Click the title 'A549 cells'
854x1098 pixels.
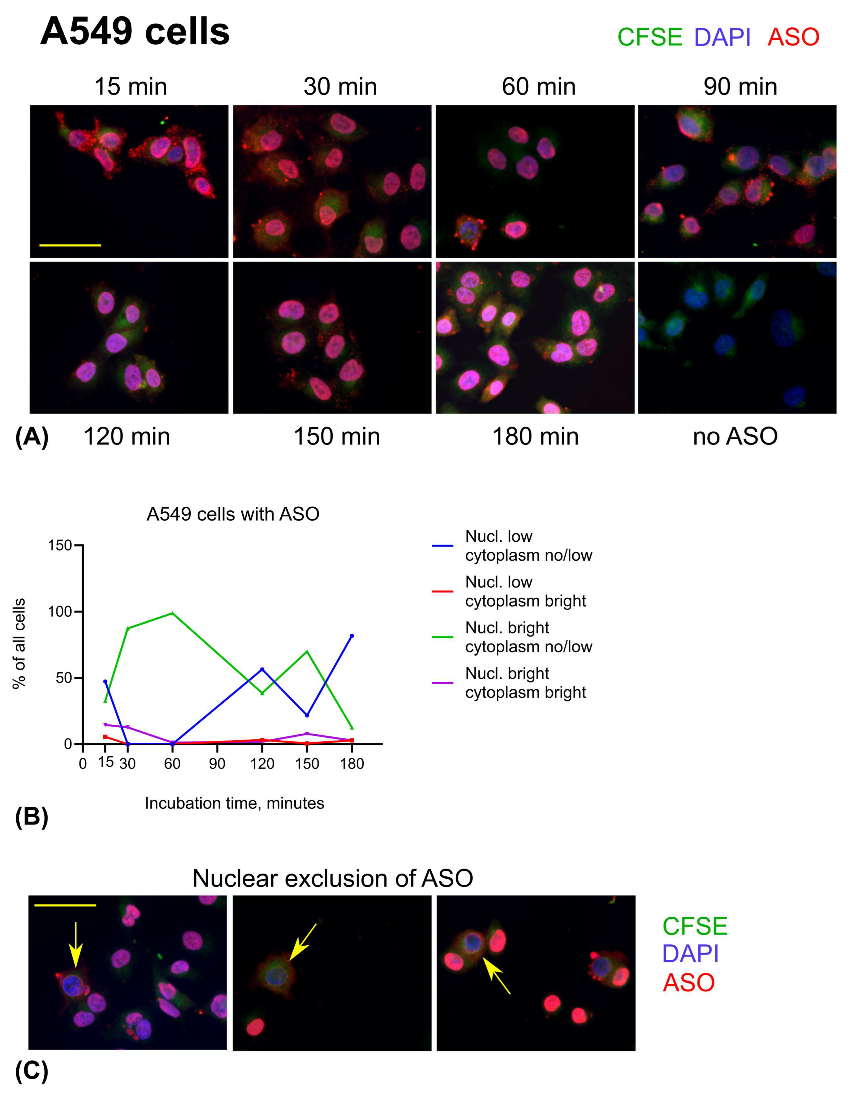[x=135, y=31]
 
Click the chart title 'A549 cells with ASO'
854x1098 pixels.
[x=233, y=514]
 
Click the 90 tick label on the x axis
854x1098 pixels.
[x=217, y=764]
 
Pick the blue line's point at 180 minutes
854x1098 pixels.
[x=352, y=636]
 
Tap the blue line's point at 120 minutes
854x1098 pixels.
[x=262, y=669]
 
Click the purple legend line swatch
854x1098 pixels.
[x=443, y=683]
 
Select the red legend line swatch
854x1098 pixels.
[x=443, y=591]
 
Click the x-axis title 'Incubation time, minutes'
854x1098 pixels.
[x=234, y=803]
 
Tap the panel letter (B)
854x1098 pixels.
[x=31, y=817]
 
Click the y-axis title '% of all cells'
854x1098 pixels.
[x=19, y=644]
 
